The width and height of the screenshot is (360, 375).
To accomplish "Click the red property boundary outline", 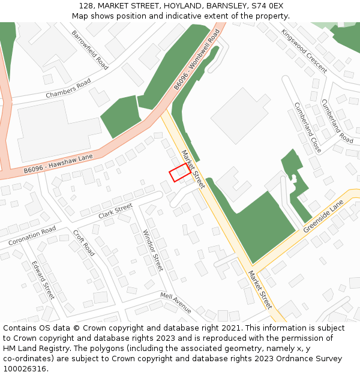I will (180, 173).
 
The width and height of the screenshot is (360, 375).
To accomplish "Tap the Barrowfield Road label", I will (89, 50).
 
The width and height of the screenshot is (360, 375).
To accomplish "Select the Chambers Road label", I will (68, 89).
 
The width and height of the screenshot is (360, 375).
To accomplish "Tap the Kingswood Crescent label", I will (304, 51).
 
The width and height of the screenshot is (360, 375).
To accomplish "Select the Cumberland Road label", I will (337, 121).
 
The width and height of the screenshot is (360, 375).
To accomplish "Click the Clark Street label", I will (115, 211).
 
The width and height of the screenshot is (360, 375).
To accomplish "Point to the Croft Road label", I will (83, 242).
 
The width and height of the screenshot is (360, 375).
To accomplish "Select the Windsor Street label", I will (153, 250).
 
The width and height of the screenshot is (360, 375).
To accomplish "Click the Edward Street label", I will (43, 280).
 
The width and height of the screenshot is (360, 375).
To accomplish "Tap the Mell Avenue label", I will (175, 302).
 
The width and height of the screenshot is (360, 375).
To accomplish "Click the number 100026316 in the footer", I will (25, 368).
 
